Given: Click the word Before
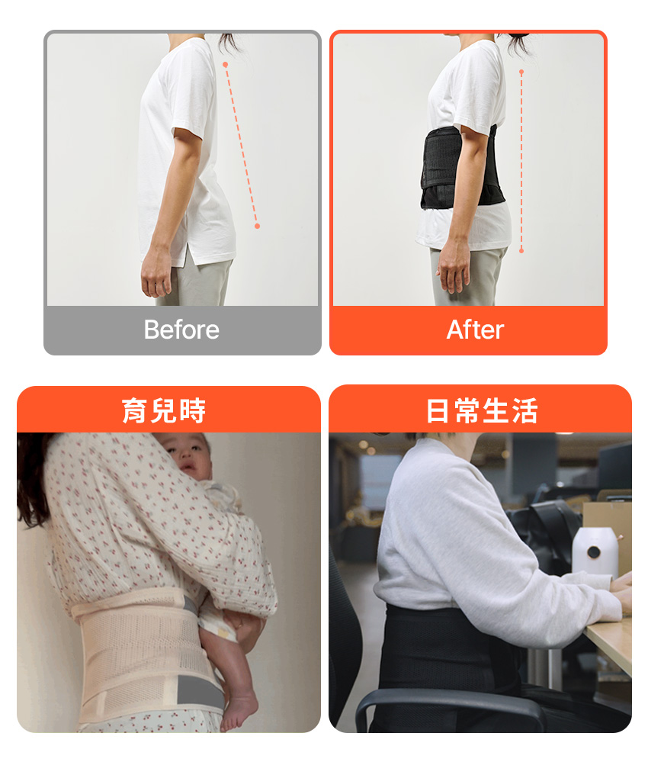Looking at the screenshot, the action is [x=181, y=330].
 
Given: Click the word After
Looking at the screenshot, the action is [x=475, y=330].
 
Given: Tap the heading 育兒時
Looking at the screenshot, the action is [x=164, y=410].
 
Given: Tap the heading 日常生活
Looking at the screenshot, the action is [x=481, y=410].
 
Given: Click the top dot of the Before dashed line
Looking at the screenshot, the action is [x=226, y=65].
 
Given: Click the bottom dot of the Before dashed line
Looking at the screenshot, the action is [x=257, y=226].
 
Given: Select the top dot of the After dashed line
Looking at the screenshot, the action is [x=521, y=72].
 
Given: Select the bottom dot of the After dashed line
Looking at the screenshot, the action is [x=521, y=251].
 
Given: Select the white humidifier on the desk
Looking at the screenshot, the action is [x=595, y=552].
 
